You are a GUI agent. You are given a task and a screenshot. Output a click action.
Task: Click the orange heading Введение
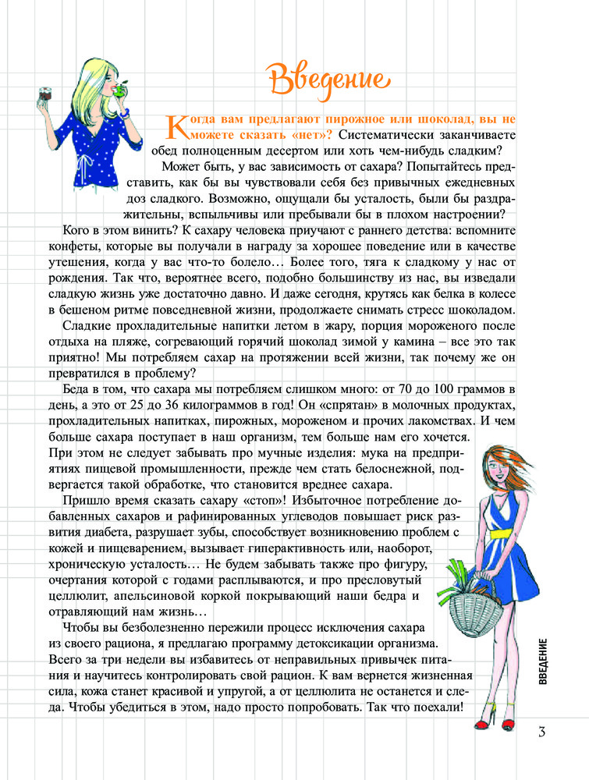coord(327,78)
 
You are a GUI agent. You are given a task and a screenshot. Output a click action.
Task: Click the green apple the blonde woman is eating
coord(119,89)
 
